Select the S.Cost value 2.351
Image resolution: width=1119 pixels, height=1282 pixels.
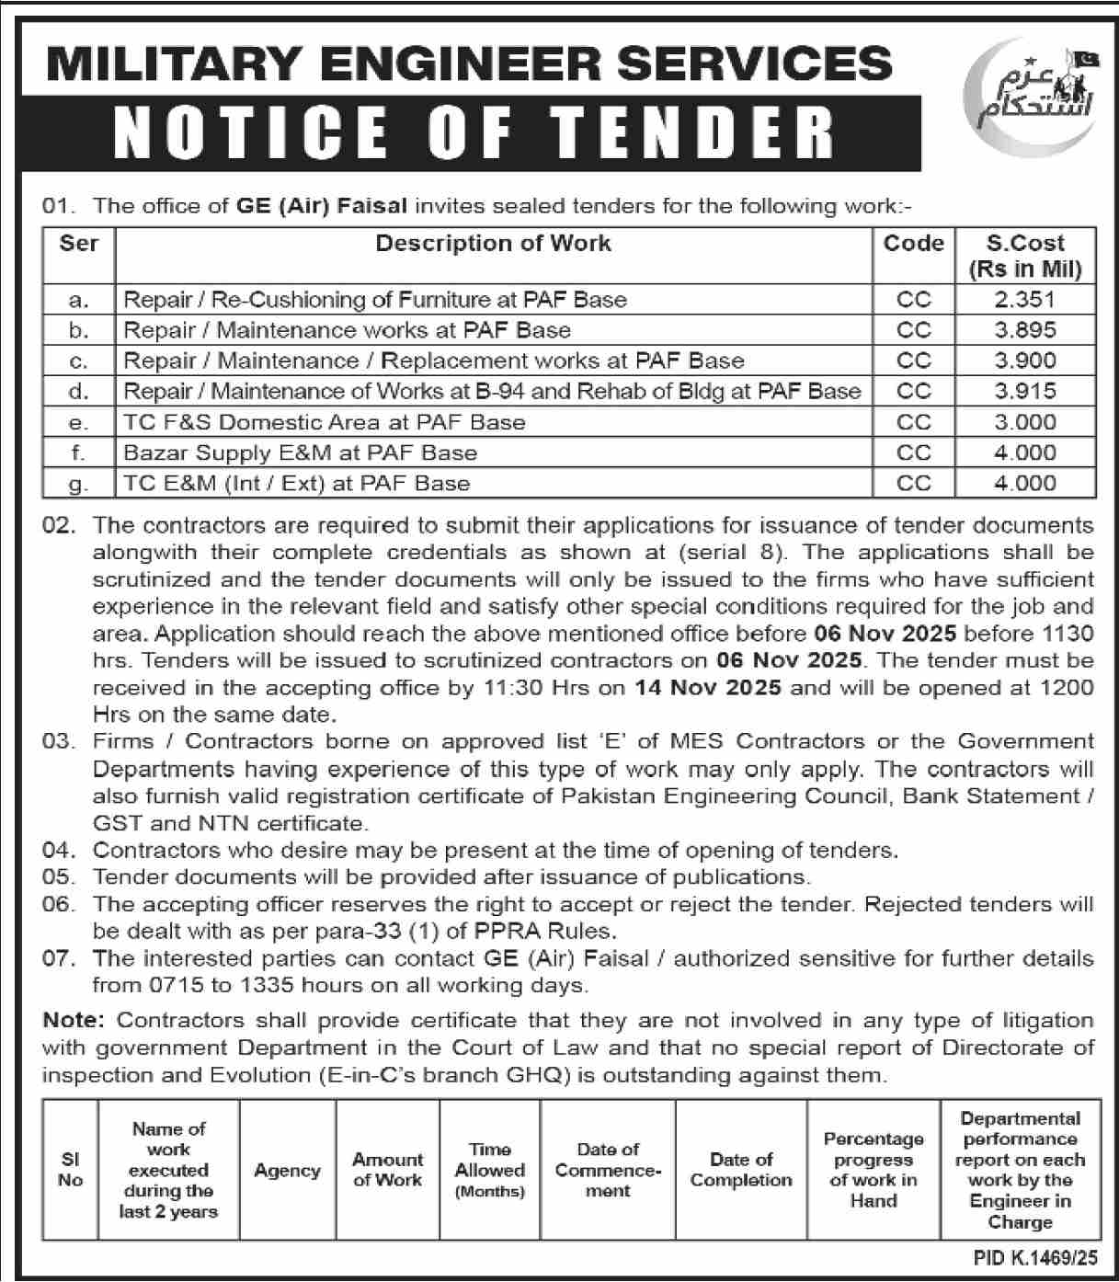[1024, 300]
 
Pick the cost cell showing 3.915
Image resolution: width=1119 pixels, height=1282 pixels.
[1024, 391]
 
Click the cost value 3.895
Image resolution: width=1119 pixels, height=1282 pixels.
[1024, 330]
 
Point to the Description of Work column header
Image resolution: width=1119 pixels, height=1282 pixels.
[493, 244]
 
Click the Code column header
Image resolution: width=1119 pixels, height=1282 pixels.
[913, 244]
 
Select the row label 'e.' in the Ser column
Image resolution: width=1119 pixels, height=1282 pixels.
[79, 422]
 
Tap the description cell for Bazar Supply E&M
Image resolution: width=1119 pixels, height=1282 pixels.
[301, 452]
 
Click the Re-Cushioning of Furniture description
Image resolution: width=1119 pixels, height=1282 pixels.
[375, 300]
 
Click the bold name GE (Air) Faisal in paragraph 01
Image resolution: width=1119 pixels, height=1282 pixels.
[321, 206]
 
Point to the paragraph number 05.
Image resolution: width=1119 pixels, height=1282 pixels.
[57, 877]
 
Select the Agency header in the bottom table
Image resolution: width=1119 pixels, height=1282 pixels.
[287, 1171]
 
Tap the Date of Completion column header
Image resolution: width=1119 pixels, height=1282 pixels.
[741, 1170]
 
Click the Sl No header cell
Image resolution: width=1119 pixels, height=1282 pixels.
[70, 1170]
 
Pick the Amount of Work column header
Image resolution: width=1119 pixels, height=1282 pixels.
[387, 1170]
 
